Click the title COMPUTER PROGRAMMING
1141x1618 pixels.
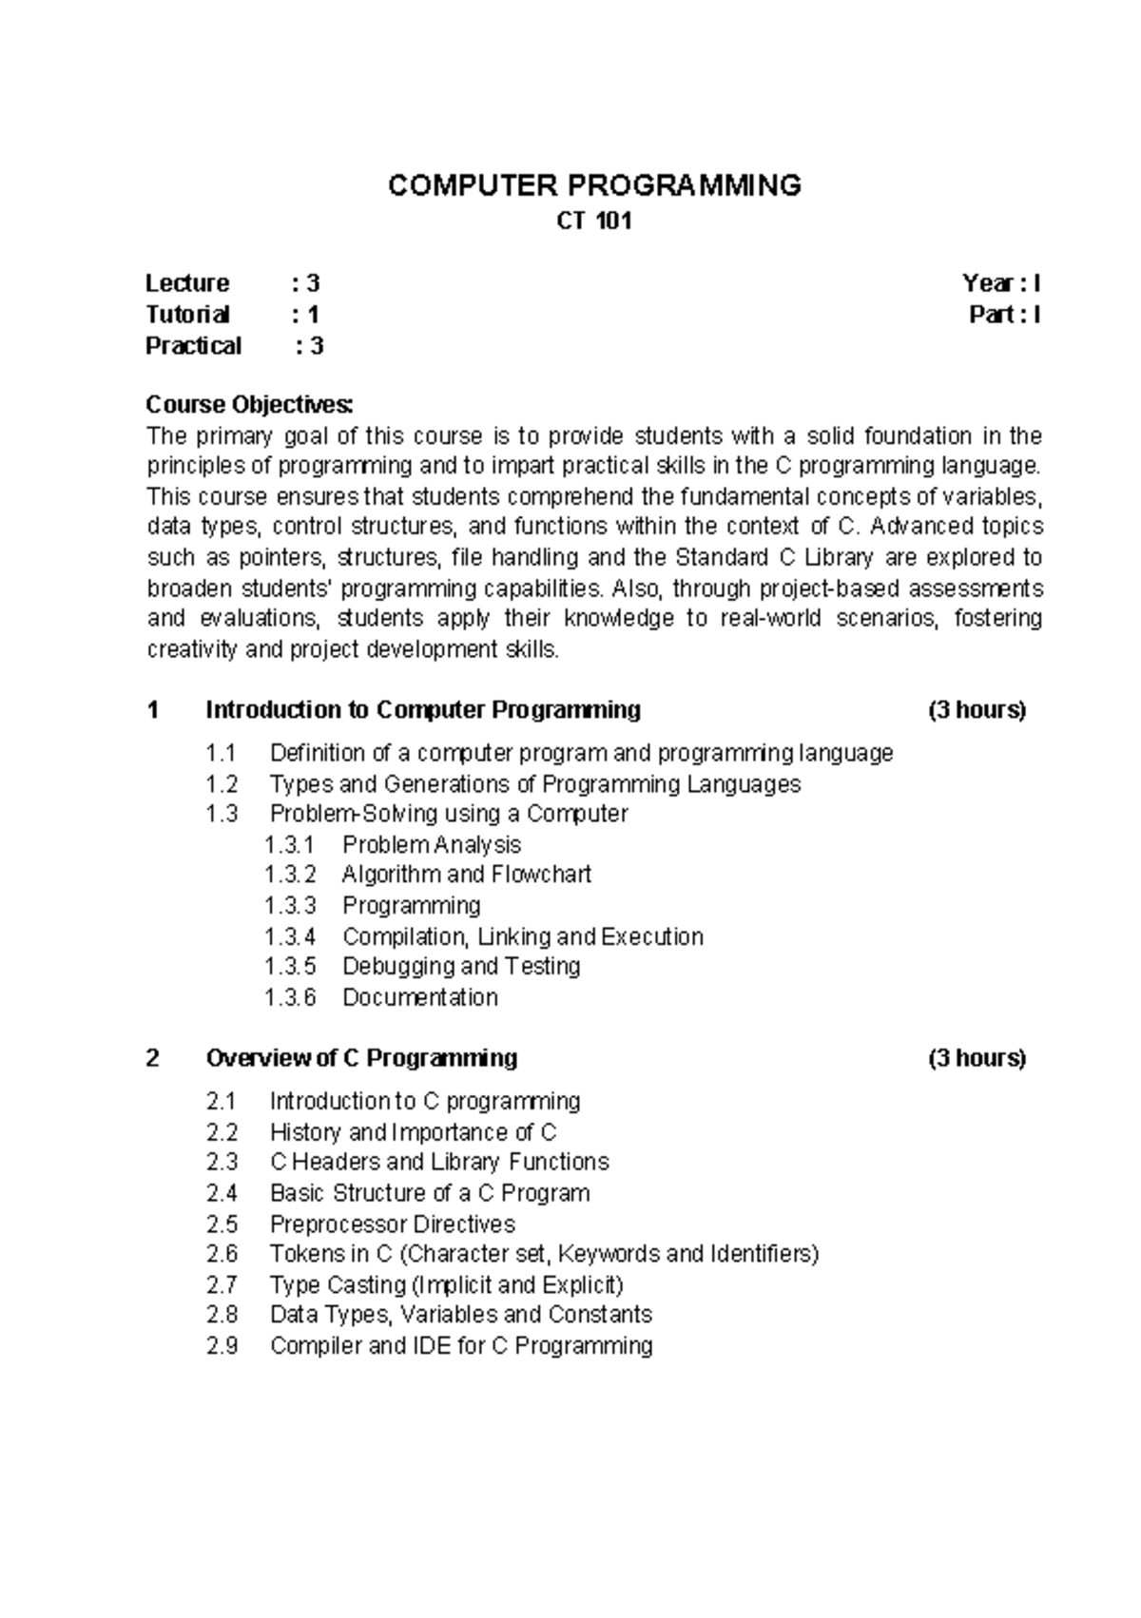594,184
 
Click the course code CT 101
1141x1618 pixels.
593,222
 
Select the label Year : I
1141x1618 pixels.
1001,283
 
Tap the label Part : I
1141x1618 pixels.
1004,315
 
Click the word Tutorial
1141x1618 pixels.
187,315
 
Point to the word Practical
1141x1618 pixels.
193,346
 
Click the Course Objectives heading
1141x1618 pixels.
249,405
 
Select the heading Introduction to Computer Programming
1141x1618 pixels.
423,710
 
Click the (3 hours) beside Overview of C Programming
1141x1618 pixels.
977,1058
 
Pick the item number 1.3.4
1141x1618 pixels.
290,936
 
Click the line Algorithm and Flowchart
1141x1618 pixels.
466,874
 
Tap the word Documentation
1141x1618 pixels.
420,997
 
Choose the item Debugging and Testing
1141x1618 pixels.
461,966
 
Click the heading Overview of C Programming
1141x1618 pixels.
361,1058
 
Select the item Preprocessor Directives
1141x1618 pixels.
392,1223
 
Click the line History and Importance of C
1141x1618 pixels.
413,1132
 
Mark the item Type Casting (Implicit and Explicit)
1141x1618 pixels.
446,1285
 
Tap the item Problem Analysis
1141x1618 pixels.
432,844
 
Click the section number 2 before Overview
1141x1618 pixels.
153,1058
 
